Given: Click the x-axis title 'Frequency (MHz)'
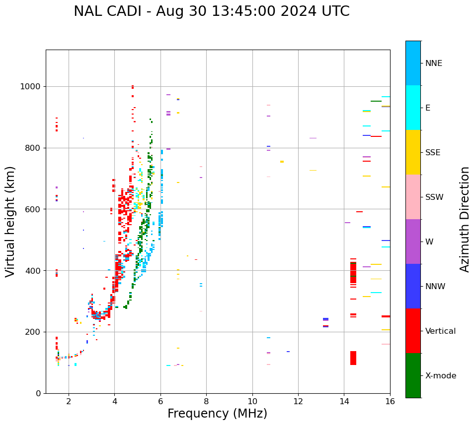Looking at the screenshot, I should (x=217, y=414).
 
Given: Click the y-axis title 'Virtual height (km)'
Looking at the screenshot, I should (x=10, y=221).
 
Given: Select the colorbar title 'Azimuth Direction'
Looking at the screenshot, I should (x=465, y=219).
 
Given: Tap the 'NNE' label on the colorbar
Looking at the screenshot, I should (x=433, y=63).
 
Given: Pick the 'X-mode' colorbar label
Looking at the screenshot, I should (x=440, y=376).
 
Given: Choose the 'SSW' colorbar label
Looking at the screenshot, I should (x=434, y=197).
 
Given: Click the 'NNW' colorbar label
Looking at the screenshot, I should (x=435, y=287).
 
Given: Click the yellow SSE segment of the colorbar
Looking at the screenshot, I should (x=413, y=152).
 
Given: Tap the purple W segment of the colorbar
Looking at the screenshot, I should (x=413, y=242).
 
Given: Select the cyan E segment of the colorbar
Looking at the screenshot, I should (x=413, y=108).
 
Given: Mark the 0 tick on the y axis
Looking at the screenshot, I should (x=38, y=393).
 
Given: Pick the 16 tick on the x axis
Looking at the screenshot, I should (x=390, y=401).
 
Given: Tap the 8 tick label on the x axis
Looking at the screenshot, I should (x=206, y=401).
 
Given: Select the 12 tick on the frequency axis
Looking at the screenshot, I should (x=298, y=401).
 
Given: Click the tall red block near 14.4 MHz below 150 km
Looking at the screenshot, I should (x=353, y=358).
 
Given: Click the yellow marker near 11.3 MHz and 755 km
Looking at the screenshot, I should (x=282, y=162).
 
